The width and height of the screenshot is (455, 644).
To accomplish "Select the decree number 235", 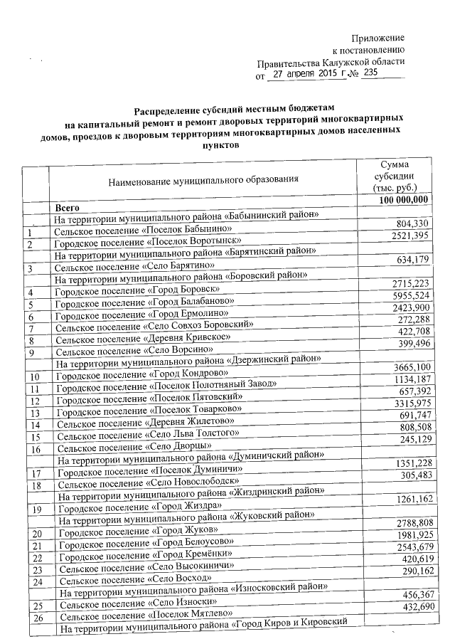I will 371,73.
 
